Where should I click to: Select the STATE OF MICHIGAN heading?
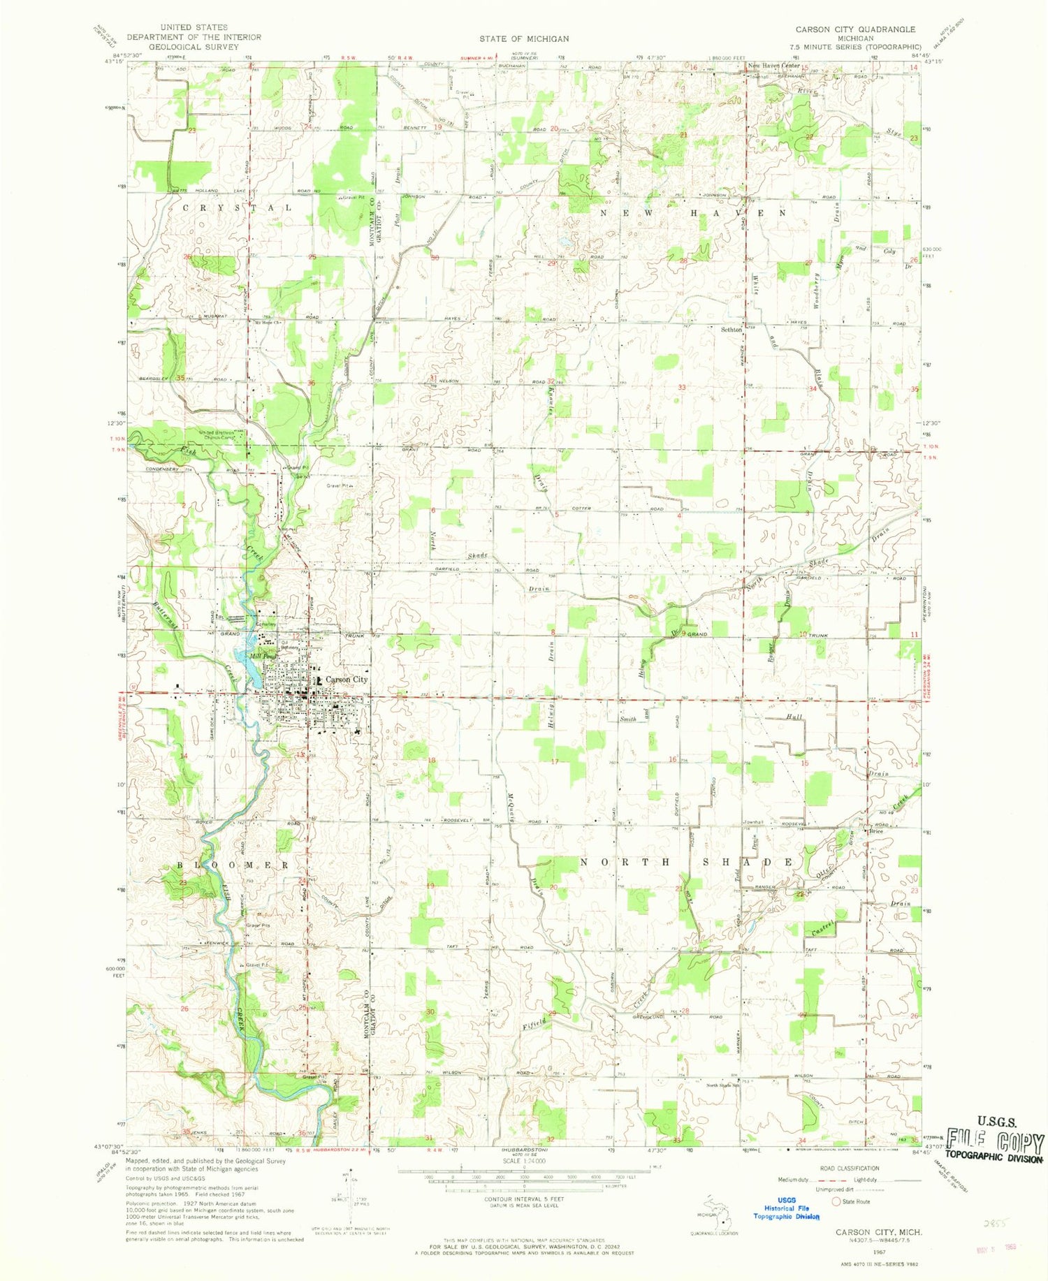point(524,39)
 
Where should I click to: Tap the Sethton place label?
point(731,329)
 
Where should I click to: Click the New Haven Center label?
point(774,66)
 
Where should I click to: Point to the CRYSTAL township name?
point(238,208)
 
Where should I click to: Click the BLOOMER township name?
point(224,865)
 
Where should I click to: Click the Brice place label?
point(876,831)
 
